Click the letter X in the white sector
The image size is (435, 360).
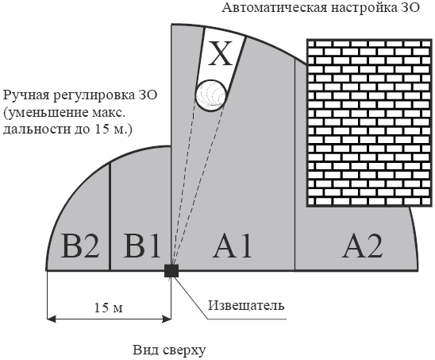click(220, 53)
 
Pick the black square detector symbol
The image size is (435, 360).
click(171, 270)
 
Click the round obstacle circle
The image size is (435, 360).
click(210, 96)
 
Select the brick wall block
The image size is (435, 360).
click(370, 123)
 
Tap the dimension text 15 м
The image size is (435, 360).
click(109, 308)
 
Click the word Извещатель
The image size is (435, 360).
click(246, 305)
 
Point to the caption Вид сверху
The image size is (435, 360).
click(169, 350)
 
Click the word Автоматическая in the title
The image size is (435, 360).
click(275, 7)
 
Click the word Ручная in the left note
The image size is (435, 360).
click(26, 95)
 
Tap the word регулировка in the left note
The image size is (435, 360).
click(94, 95)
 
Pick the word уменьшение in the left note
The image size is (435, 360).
click(46, 113)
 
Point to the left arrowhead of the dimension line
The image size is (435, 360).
click(51, 319)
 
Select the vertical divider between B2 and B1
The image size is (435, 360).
click(110, 216)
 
